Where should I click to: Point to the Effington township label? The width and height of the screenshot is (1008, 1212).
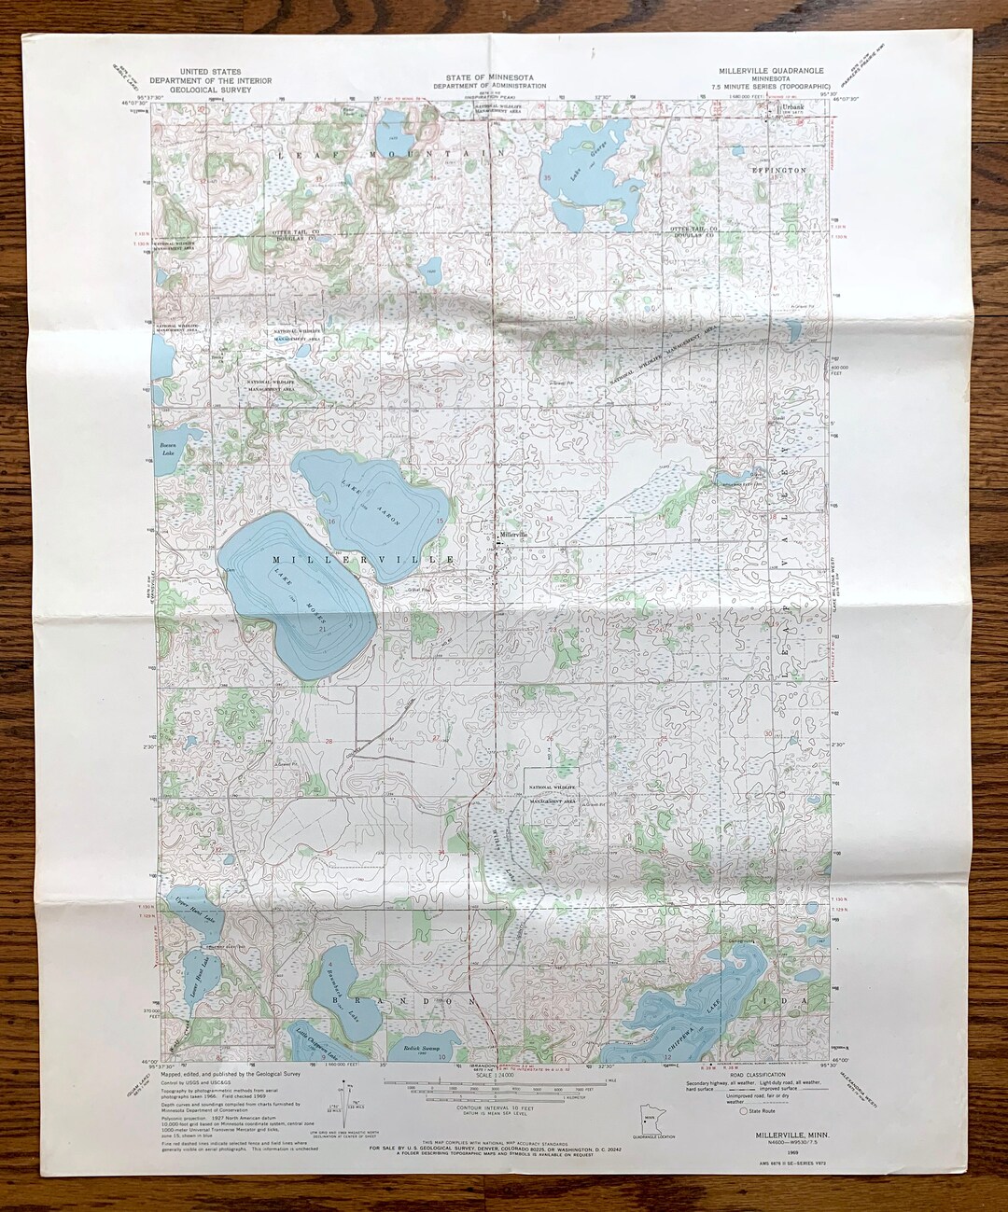[x=778, y=171]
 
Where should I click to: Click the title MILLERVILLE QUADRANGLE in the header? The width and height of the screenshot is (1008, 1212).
[x=770, y=71]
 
